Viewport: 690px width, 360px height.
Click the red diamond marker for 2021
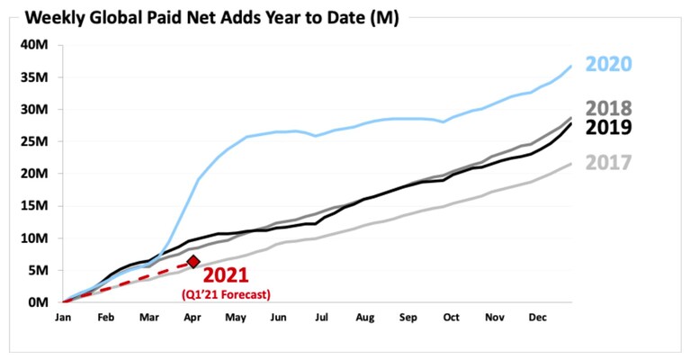click(x=193, y=262)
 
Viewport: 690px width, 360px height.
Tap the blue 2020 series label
click(x=609, y=64)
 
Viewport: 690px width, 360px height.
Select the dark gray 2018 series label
click(x=609, y=108)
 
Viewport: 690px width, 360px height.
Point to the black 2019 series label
click(x=609, y=128)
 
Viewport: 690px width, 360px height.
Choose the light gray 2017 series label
click(x=609, y=163)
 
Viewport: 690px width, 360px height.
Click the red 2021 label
click(x=226, y=275)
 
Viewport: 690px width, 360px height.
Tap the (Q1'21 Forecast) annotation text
click(x=226, y=294)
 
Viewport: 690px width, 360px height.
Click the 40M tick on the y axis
click(x=34, y=45)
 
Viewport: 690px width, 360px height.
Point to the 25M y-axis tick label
click(x=34, y=141)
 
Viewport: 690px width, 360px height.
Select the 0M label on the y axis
click(x=38, y=302)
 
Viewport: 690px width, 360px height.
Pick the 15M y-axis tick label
click(x=34, y=205)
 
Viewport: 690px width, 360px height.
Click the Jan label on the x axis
click(x=63, y=318)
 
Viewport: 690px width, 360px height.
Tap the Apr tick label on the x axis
click(x=193, y=318)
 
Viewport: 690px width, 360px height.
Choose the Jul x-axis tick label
click(x=322, y=318)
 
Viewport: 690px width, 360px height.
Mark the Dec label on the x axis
click(x=537, y=318)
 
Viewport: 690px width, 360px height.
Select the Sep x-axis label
click(x=408, y=318)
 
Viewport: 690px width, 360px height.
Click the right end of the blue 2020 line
click(x=571, y=66)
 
